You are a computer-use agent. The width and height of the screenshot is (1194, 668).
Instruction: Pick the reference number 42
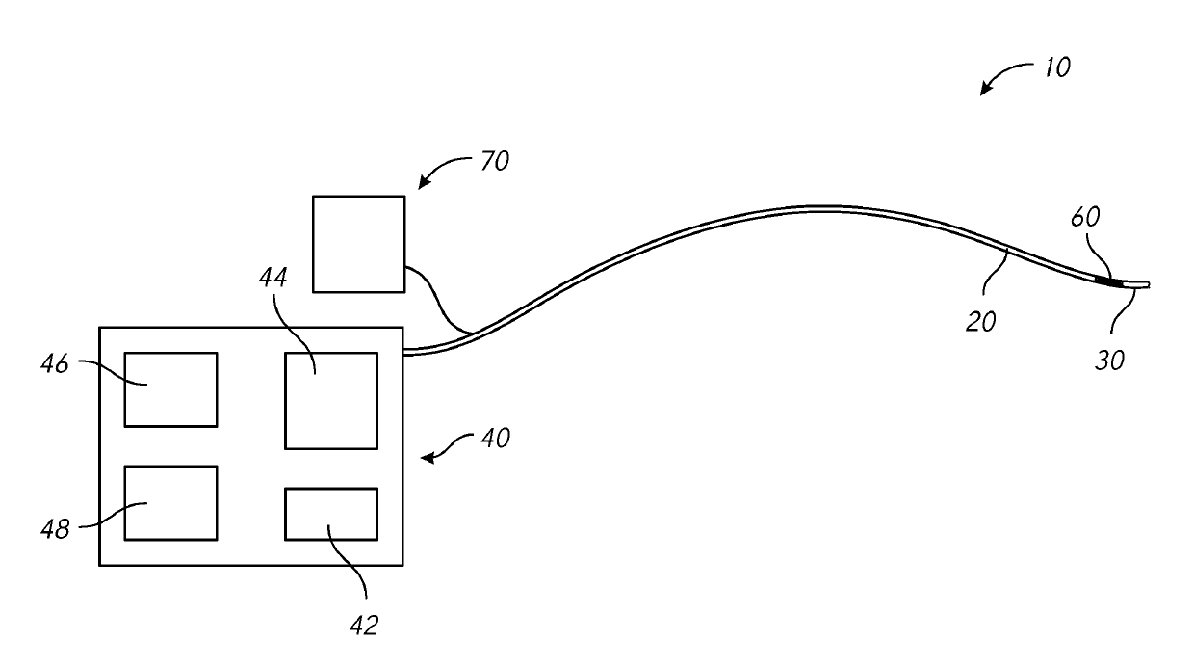point(363,626)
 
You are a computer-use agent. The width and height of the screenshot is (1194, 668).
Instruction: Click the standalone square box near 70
point(358,243)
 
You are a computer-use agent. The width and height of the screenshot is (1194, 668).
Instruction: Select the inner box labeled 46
point(170,389)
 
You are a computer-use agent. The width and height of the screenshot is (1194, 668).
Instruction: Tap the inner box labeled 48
point(170,502)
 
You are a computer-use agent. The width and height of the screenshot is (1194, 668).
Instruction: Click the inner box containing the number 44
point(330,400)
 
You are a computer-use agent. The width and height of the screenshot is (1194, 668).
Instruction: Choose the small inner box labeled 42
point(330,514)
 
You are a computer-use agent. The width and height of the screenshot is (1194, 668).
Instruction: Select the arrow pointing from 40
point(449,448)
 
